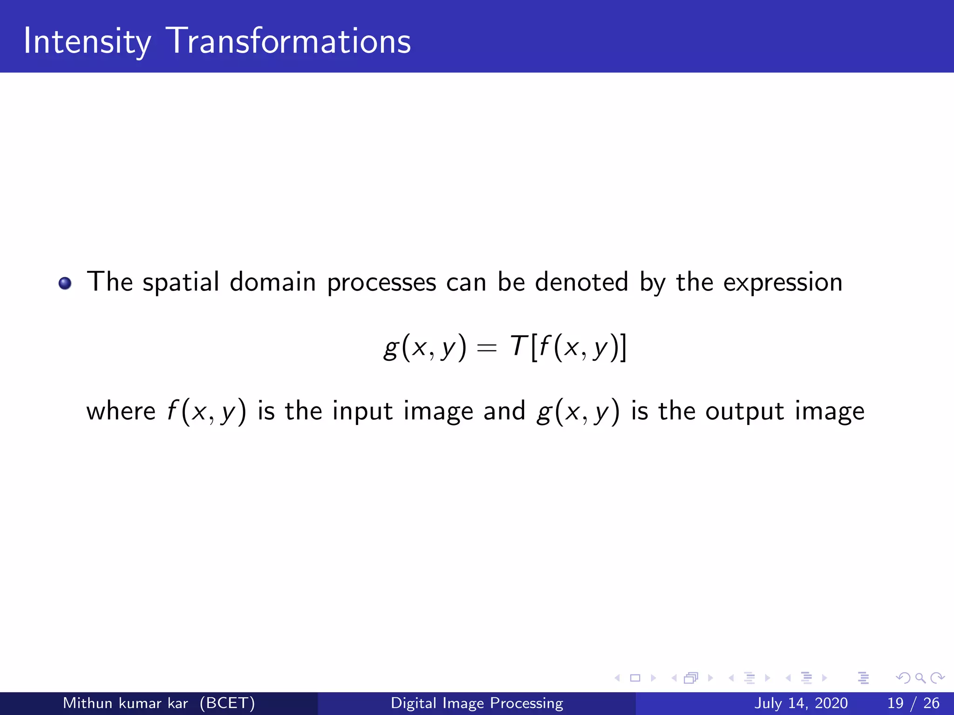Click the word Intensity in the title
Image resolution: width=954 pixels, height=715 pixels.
[x=87, y=42]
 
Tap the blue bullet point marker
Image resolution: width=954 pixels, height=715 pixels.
[x=65, y=283]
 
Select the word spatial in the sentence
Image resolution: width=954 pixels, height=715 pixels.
[x=181, y=283]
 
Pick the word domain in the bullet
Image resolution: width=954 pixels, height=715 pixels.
[x=273, y=282]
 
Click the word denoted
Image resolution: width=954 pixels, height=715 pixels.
[x=581, y=282]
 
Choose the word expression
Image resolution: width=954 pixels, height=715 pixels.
[x=783, y=283]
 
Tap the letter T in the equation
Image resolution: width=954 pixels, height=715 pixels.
[x=518, y=346]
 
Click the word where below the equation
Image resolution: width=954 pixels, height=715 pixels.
[x=121, y=411]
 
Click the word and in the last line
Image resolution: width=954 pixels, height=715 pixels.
[x=504, y=411]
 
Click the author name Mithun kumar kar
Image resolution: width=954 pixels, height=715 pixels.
[x=125, y=703]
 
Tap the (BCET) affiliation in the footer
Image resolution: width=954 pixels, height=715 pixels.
[x=227, y=703]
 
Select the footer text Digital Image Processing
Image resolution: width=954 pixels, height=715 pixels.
[x=477, y=703]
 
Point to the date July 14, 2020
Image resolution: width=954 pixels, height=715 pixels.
[x=800, y=703]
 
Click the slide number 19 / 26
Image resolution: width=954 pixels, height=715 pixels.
[x=913, y=703]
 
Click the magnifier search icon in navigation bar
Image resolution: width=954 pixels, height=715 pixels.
[x=920, y=678]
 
